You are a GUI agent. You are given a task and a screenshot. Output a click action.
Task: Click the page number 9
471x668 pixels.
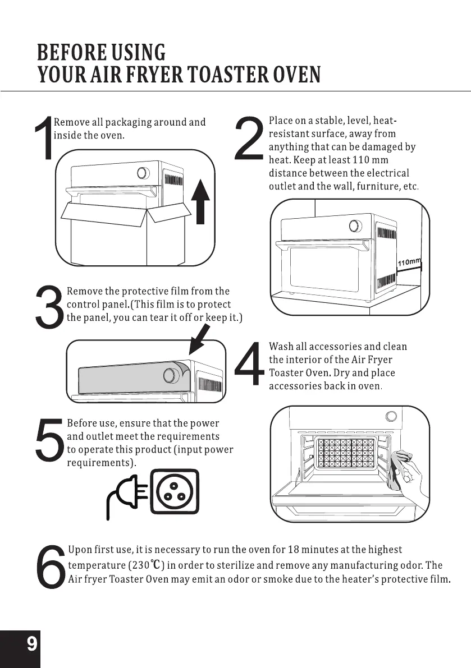click(32, 643)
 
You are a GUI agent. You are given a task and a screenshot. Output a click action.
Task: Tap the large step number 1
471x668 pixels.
click(44, 138)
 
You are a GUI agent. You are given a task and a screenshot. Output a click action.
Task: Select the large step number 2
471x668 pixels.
click(249, 139)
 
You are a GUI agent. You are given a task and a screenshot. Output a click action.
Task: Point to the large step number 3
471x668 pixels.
click(49, 307)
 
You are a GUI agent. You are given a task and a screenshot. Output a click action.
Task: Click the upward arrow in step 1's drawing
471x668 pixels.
click(200, 201)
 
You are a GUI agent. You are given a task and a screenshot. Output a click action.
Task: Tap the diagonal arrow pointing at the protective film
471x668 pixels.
click(199, 339)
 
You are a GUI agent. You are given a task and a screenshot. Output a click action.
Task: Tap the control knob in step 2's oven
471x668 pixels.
click(355, 226)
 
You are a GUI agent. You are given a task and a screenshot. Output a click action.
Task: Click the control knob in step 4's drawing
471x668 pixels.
click(391, 416)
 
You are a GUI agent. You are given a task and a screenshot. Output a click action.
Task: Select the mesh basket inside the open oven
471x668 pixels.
click(346, 452)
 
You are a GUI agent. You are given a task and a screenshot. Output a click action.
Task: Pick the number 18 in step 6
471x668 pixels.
click(293, 550)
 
